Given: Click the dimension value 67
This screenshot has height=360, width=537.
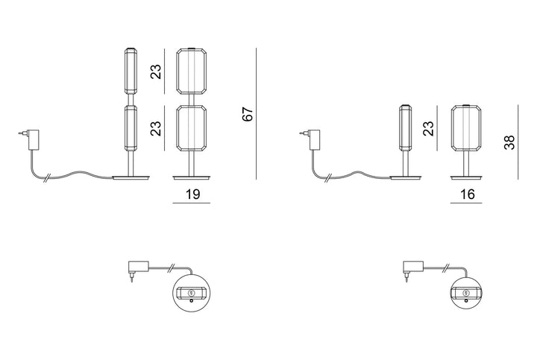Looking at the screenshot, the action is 248,114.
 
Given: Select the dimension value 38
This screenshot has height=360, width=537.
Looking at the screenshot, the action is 509,142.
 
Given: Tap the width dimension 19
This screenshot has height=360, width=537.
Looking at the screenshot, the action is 192,194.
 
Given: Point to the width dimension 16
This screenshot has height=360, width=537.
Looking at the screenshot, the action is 468,194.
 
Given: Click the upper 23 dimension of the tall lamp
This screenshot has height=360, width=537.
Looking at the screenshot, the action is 156,72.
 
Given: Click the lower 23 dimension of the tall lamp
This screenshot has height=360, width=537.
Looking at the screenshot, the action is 156,128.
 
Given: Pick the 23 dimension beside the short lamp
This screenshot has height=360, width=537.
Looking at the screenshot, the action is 428,128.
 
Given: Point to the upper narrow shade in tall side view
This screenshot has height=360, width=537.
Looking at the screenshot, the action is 131,71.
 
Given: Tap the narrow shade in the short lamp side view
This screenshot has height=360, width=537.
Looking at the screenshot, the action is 406,128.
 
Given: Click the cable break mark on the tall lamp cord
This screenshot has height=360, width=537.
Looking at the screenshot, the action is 46,178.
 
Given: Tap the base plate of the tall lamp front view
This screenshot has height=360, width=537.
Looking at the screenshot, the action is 192,177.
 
